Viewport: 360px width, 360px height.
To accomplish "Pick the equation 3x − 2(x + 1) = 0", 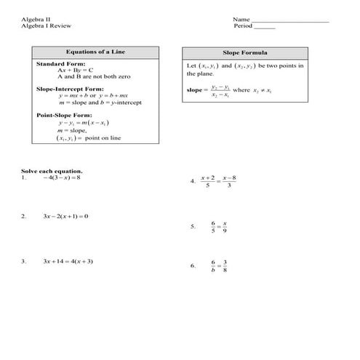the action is [65, 216].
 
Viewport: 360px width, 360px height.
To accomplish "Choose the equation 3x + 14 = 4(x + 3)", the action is [68, 260].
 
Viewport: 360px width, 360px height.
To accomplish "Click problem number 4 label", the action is [192, 181].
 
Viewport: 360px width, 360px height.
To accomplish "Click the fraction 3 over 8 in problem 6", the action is [225, 266].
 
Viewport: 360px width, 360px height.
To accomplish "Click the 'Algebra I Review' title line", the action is [46, 25].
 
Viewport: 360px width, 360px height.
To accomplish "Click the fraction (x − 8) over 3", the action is [230, 181].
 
